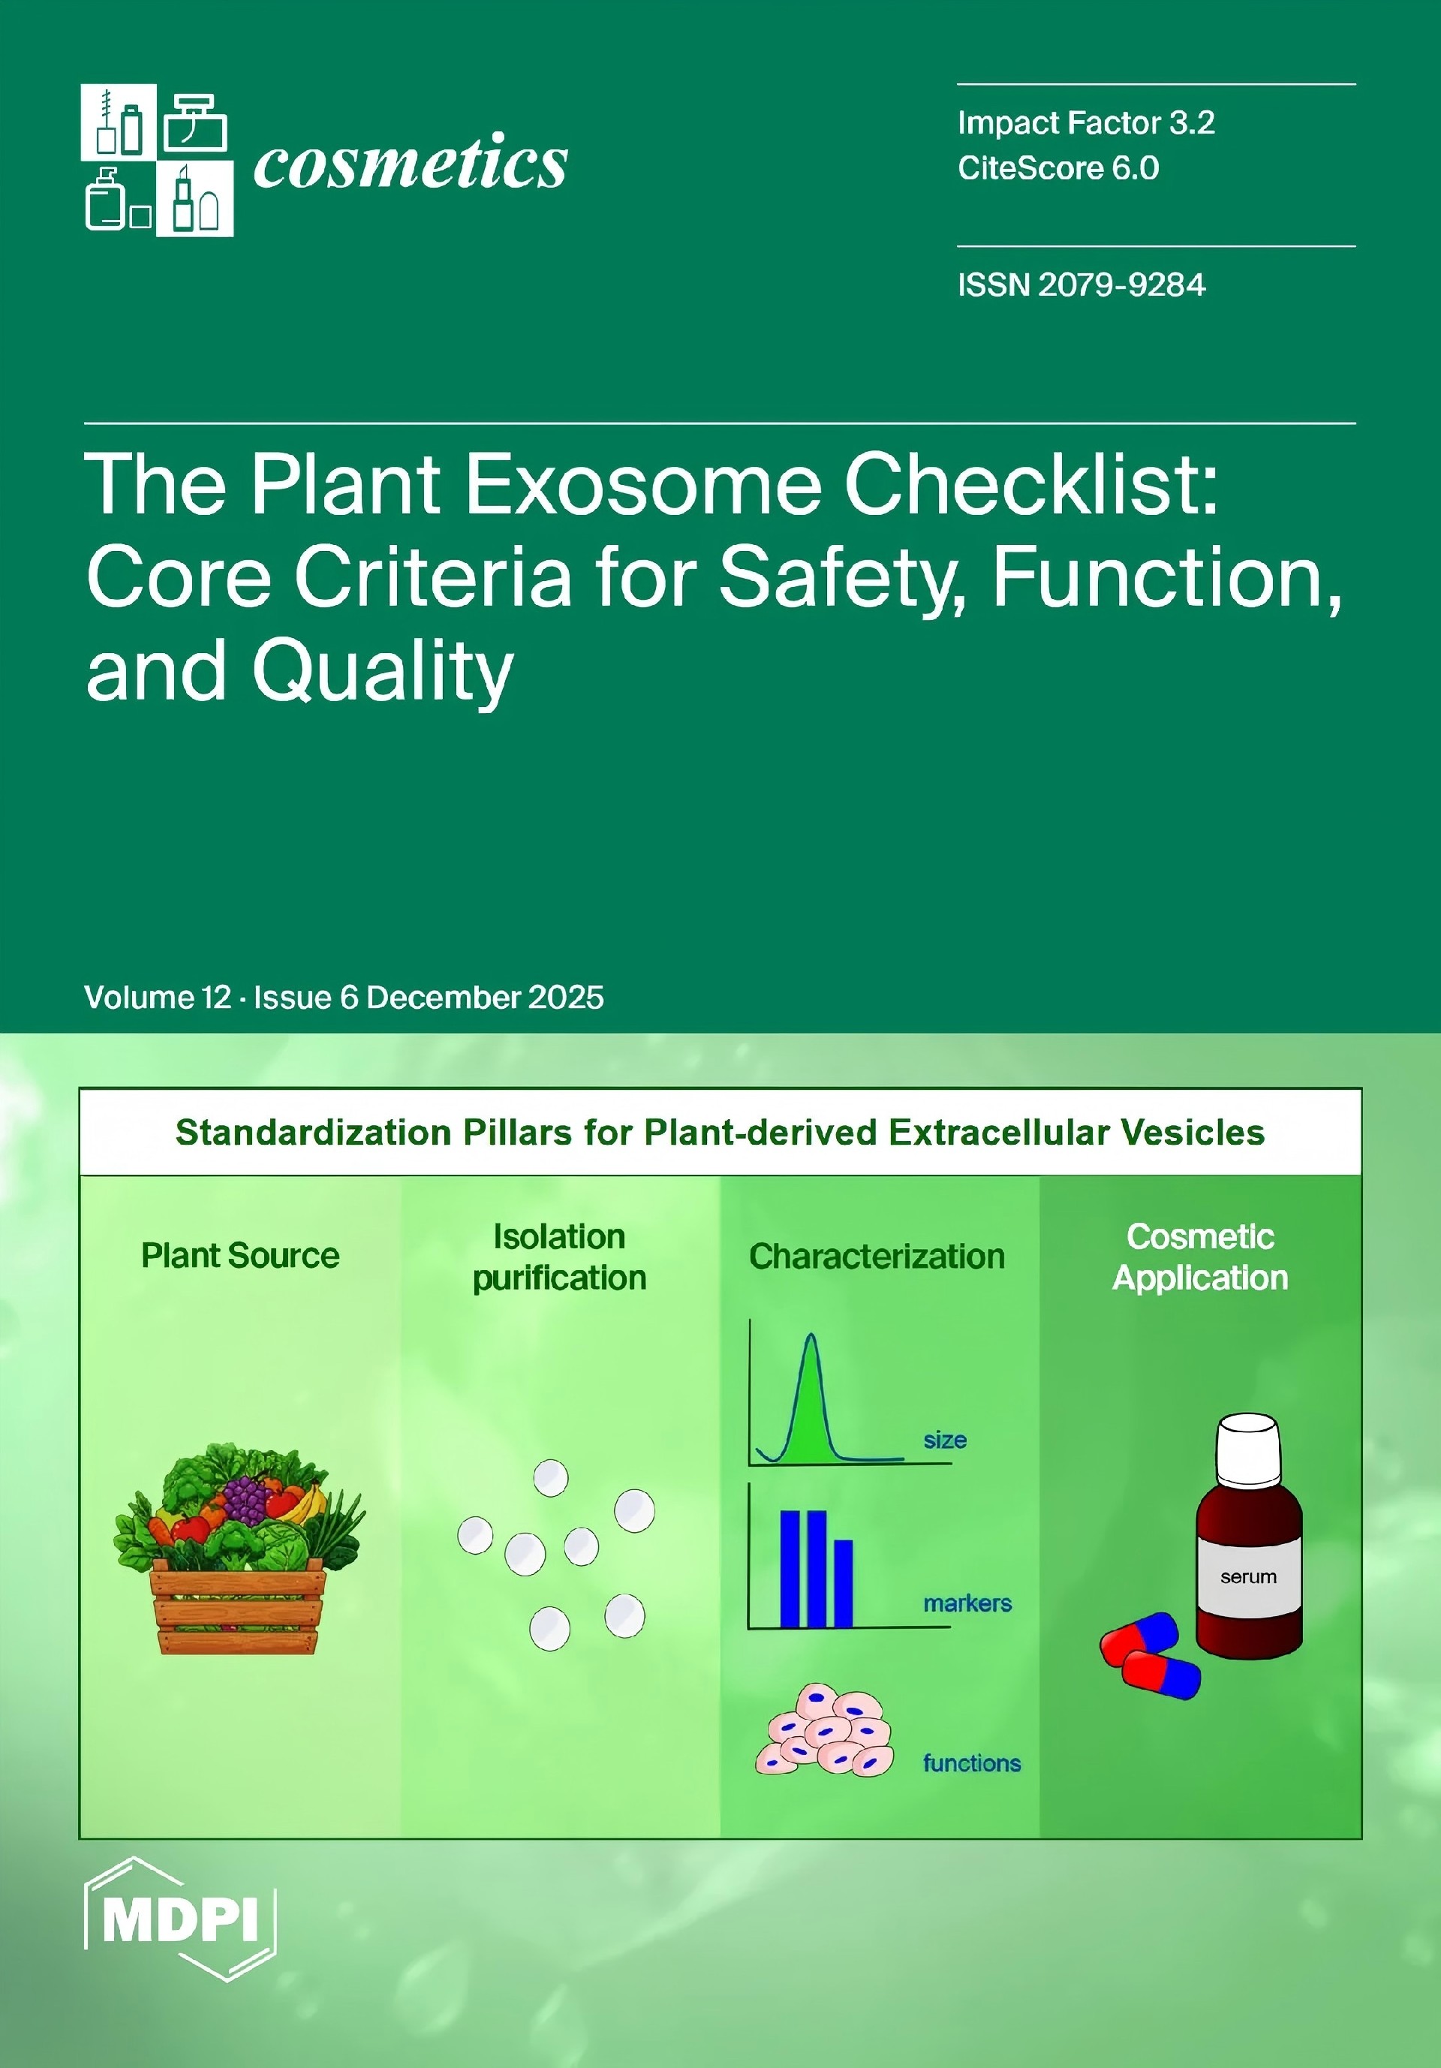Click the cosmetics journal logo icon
(x=157, y=161)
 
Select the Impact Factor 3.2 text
(x=1086, y=122)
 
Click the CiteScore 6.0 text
(x=1058, y=168)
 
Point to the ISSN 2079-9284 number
(x=1082, y=284)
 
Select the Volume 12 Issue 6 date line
(x=344, y=997)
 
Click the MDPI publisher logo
(x=180, y=1919)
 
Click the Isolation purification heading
(x=559, y=1257)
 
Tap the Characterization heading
(x=877, y=1257)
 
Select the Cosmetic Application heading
(x=1201, y=1257)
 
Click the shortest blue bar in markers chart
(x=843, y=1582)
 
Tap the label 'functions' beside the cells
(x=972, y=1762)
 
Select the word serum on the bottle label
(x=1248, y=1576)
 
